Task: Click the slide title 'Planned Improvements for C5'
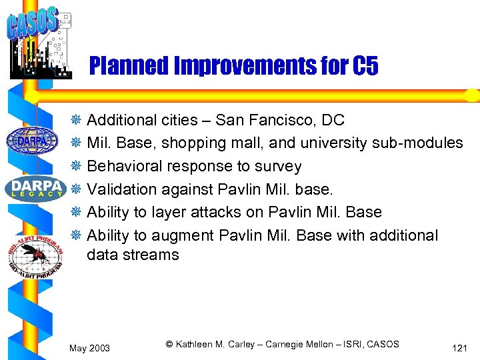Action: [x=233, y=66]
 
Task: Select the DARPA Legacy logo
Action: [x=35, y=187]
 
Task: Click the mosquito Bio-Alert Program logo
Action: [x=35, y=252]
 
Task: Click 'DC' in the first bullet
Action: [x=333, y=121]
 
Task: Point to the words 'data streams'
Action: [x=133, y=255]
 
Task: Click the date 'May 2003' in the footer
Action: [x=90, y=348]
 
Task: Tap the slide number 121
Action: [x=459, y=348]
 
